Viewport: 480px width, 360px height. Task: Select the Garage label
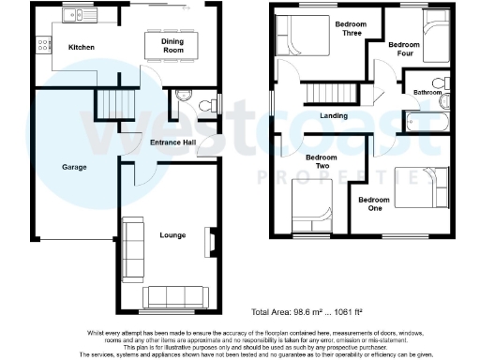coord(75,167)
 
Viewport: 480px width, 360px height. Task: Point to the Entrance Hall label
coord(173,142)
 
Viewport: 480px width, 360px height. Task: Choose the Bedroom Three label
coord(352,28)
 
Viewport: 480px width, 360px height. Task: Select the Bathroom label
coord(427,93)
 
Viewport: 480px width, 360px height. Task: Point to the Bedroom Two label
coord(322,161)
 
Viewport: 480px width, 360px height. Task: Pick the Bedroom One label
coord(374,203)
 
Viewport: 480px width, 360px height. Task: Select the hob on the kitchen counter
coord(42,43)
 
